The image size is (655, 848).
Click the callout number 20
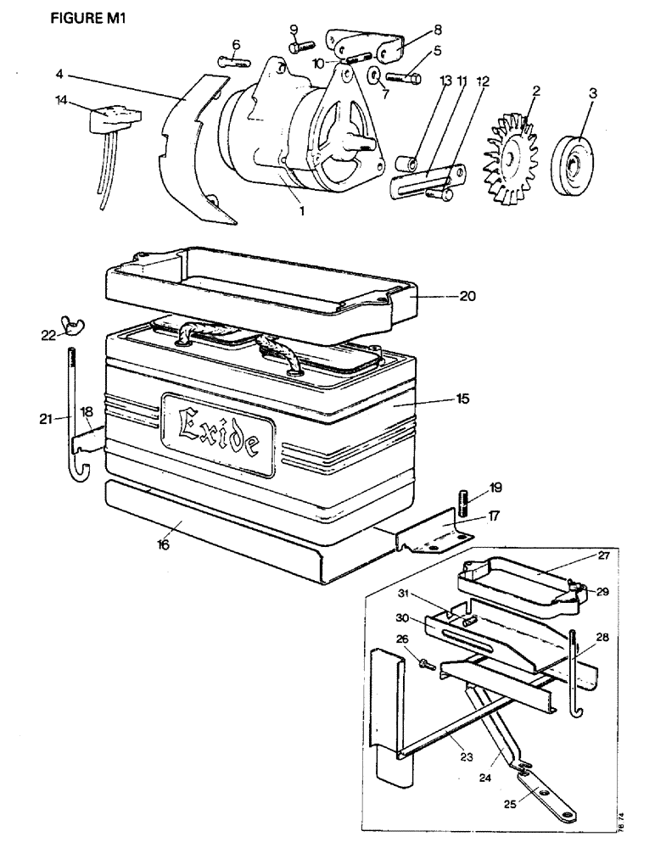pyautogui.click(x=467, y=297)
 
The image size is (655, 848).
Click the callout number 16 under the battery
pyautogui.click(x=164, y=545)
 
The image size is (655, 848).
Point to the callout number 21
pyautogui.click(x=47, y=417)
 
